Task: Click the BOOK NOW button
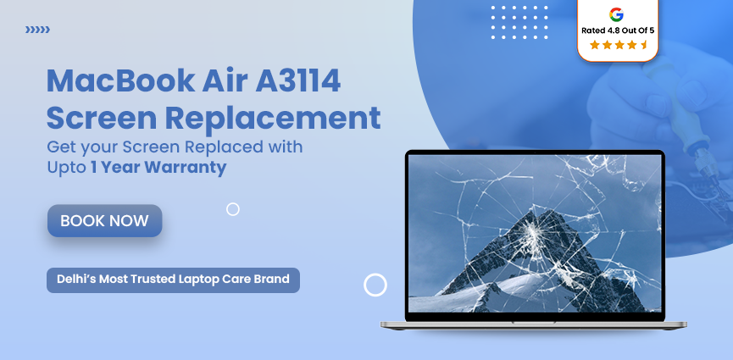[x=104, y=221]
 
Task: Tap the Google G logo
[x=616, y=14]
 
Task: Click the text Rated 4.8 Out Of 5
[x=617, y=30]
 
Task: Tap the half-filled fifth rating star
[x=645, y=45]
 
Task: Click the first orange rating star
[x=594, y=45]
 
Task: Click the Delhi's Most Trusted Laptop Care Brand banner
[x=173, y=279]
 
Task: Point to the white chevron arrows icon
[x=37, y=30]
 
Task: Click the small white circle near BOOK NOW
[x=233, y=209]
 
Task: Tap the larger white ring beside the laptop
[x=375, y=285]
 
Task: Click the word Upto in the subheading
[x=66, y=167]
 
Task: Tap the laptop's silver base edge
[x=534, y=324]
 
